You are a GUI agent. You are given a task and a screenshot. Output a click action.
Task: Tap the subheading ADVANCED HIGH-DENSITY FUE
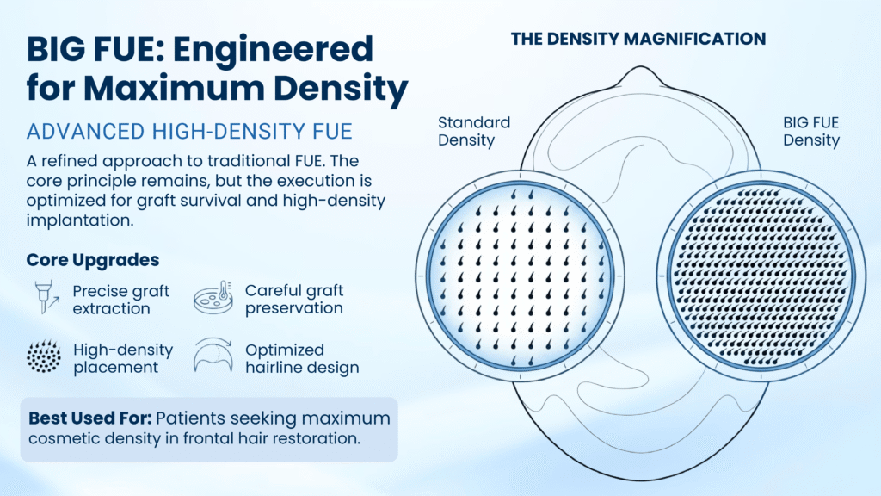pos(189,132)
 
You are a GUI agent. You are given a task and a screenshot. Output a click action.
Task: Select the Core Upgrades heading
pos(93,260)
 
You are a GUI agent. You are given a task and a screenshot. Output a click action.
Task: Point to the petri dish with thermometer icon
pos(213,297)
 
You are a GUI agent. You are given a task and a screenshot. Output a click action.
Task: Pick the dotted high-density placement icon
pos(44,356)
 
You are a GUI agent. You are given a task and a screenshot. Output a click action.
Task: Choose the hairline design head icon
pos(213,356)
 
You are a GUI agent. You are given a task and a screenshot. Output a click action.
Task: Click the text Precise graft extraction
pos(120,300)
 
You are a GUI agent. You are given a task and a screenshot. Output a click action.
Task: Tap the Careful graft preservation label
pos(294,299)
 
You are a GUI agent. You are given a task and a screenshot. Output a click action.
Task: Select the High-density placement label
pos(123,358)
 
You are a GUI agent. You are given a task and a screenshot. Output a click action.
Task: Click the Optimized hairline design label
pos(302,358)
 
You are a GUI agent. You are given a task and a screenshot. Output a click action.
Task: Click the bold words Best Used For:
pos(89,418)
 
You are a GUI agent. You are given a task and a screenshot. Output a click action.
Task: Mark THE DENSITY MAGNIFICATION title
pos(638,39)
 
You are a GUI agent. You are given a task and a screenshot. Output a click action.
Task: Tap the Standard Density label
pos(474,131)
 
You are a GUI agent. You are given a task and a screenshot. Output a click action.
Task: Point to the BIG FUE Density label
pos(810,131)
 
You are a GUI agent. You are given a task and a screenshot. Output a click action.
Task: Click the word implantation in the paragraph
pos(80,220)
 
